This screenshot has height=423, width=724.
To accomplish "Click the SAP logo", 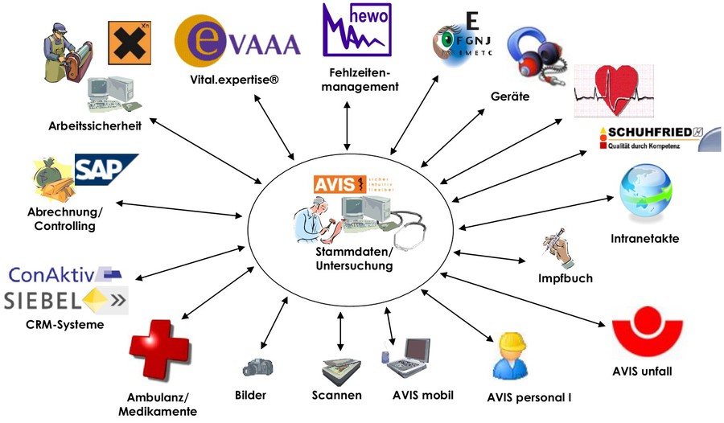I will (x=106, y=170).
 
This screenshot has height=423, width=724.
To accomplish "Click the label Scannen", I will (x=336, y=395).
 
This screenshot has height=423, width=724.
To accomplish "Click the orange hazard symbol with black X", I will (x=130, y=42).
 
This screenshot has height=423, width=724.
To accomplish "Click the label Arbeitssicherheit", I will (x=94, y=125).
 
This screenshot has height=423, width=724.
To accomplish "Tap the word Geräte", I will (x=510, y=97).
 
